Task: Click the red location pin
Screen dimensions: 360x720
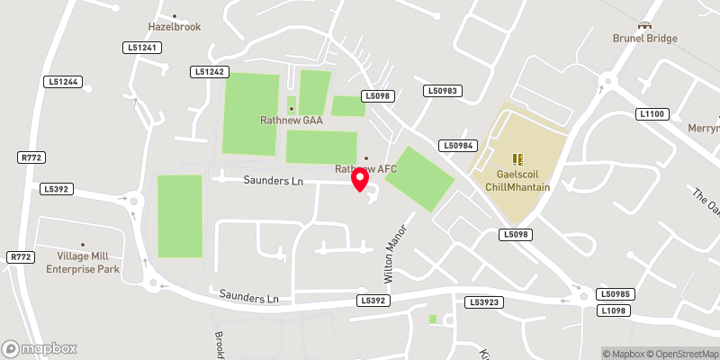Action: coord(360,180)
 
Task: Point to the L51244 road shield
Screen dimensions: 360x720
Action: coord(63,82)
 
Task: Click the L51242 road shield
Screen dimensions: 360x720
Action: coord(210,71)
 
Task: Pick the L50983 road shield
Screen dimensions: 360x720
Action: coord(443,91)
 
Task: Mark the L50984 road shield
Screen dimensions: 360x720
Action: coord(457,145)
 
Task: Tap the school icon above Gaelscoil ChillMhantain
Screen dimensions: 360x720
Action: coord(517,159)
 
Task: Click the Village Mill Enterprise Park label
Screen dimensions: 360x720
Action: coord(83,263)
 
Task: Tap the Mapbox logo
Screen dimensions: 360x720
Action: coord(40,348)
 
